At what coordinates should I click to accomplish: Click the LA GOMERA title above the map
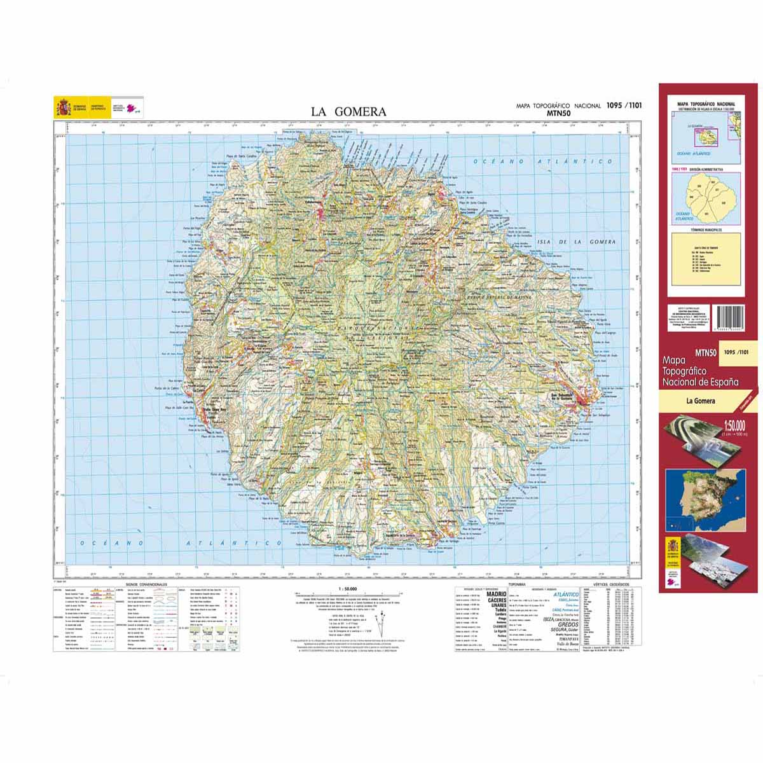348,112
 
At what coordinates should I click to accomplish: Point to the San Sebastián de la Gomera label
570,396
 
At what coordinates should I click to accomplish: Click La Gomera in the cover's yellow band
700,401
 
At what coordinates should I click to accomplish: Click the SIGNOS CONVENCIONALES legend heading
146,583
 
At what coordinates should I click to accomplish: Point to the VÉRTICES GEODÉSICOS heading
610,583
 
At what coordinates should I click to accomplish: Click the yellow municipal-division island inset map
706,196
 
